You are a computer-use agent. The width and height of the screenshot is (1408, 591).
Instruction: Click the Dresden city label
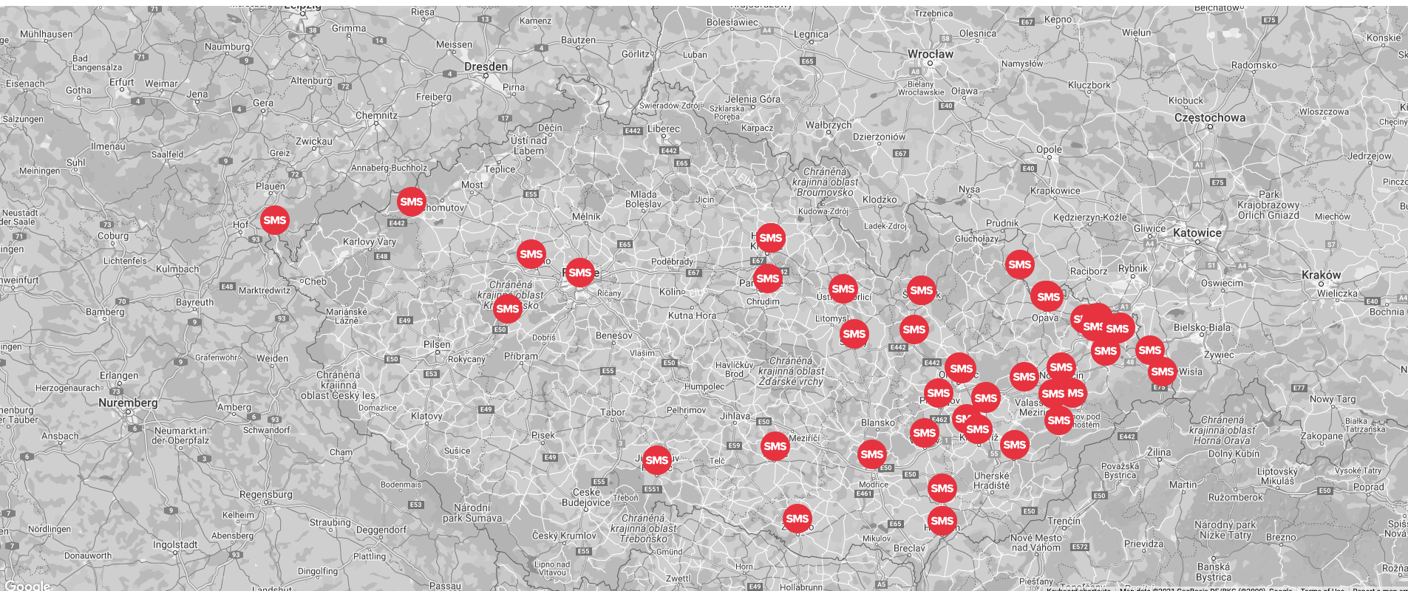[x=486, y=66]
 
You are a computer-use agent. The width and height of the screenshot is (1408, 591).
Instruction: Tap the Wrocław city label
[x=931, y=54]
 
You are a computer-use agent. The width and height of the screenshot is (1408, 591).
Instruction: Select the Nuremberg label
[x=128, y=403]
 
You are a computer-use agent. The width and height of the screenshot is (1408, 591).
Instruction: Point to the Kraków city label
[x=1321, y=275]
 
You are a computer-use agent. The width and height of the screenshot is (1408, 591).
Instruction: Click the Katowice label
[x=1197, y=233]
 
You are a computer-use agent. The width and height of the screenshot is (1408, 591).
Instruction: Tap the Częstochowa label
[x=1209, y=117]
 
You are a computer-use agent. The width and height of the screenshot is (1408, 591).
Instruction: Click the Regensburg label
[x=265, y=494]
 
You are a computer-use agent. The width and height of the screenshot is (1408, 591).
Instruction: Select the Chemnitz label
[x=376, y=115]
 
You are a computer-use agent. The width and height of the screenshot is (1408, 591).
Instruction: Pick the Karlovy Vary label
[x=369, y=242]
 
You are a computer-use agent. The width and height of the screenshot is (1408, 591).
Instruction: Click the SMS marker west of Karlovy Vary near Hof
[x=274, y=220]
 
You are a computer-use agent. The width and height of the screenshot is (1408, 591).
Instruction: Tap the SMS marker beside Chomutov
[x=411, y=202]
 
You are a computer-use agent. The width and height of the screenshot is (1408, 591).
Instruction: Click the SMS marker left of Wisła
[x=1162, y=372]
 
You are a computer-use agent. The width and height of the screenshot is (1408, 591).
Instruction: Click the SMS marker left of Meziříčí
[x=775, y=446]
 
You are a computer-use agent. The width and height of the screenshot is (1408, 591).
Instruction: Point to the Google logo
[x=27, y=586]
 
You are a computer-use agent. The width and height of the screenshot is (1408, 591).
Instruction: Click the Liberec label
[x=663, y=129]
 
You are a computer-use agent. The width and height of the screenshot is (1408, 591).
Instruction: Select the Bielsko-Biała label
[x=1202, y=327]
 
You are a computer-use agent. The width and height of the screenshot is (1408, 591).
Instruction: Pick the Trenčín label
[x=1064, y=521]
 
